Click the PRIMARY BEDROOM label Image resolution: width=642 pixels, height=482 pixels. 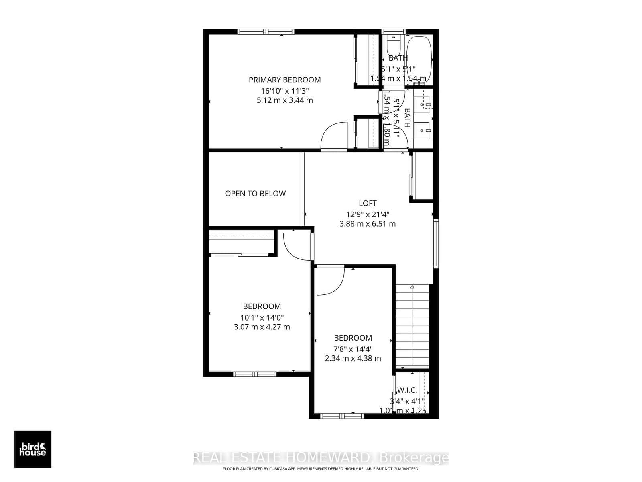tap(284, 80)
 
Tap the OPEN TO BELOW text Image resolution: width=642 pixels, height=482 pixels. tap(255, 194)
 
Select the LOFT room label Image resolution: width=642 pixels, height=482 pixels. tap(368, 203)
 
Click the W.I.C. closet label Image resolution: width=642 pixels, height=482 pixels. tap(407, 390)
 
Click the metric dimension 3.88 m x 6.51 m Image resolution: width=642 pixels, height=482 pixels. tap(368, 224)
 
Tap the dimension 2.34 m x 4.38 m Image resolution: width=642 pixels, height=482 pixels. tap(353, 358)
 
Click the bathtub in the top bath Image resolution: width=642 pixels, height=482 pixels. tap(419, 58)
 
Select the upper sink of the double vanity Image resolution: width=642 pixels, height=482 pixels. tap(422, 105)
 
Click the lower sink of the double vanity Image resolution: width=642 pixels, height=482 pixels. tap(422, 130)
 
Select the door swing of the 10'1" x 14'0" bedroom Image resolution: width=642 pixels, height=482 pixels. tap(297, 246)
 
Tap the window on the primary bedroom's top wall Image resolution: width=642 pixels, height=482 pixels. tap(266, 32)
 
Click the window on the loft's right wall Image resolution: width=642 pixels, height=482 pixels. tap(436, 243)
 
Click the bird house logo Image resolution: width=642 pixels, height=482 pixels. tap(33, 449)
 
